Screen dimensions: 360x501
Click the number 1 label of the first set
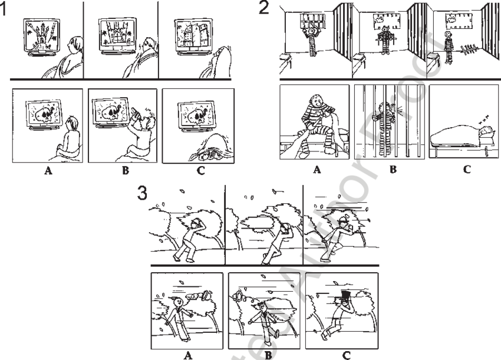click(x=4, y=9)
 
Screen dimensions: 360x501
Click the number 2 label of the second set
click(x=264, y=8)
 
